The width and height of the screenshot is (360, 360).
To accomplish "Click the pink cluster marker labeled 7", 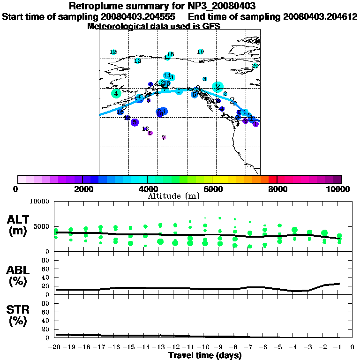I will pos(164,137).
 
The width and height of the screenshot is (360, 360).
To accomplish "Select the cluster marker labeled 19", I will pos(201,52).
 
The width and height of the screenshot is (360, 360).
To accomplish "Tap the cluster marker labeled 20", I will pos(255,66).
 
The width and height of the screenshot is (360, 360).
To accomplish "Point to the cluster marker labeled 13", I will pos(137,61).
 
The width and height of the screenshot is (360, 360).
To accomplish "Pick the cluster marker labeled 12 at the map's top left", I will pos(113,52).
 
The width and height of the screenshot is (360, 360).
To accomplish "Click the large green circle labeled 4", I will pos(116,93).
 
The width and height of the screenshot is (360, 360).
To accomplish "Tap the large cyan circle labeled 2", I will pos(217,87).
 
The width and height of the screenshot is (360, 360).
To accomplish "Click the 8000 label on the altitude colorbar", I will pos(277,189).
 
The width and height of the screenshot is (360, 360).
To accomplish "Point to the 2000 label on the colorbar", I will pos(82,189).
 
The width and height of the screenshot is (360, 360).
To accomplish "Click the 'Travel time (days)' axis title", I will pos(205,355).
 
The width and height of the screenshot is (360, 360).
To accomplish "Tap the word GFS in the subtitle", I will pos(212,26).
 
